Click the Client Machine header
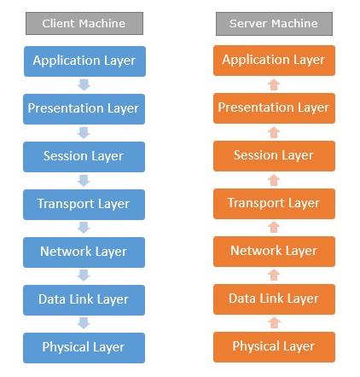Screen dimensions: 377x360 click(x=83, y=24)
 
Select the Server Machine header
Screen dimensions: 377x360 click(x=274, y=24)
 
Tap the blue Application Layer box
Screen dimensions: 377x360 click(x=83, y=61)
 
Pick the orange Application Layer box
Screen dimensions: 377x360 click(x=274, y=60)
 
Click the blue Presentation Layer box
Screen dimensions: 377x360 click(x=83, y=108)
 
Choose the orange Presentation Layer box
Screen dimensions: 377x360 click(x=274, y=107)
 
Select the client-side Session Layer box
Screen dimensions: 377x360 click(x=83, y=156)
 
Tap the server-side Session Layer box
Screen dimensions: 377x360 click(x=274, y=155)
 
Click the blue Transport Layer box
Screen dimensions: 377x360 click(x=83, y=204)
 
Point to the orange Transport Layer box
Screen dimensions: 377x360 click(x=274, y=203)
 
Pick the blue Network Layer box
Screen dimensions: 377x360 click(x=83, y=252)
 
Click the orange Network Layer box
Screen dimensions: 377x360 click(x=274, y=251)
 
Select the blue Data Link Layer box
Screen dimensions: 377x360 click(x=83, y=299)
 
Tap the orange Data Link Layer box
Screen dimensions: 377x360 click(x=274, y=299)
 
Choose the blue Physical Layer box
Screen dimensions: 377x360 click(x=83, y=347)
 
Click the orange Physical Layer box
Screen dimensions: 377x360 click(x=274, y=346)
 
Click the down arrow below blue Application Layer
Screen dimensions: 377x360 click(x=83, y=84)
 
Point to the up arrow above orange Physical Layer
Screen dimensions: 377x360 click(x=274, y=322)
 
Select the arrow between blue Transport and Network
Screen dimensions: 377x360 click(x=83, y=228)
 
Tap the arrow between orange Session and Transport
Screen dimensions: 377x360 click(x=274, y=179)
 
